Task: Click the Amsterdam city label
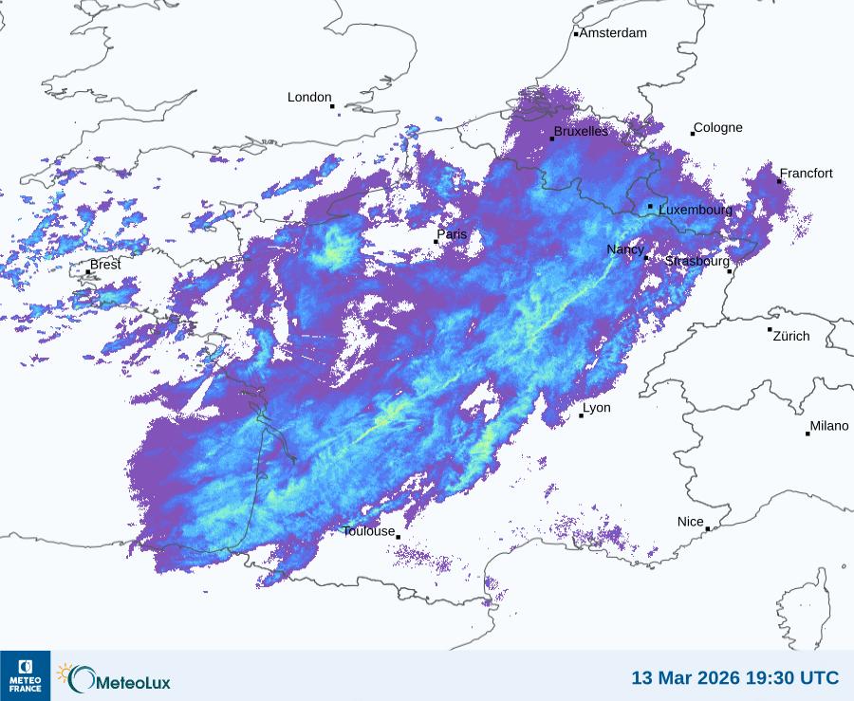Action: (613, 33)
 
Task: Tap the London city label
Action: (309, 98)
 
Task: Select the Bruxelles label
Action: (581, 132)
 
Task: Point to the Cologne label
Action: (718, 128)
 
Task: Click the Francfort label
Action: (807, 174)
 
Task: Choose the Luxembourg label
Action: (696, 209)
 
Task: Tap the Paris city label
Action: (453, 234)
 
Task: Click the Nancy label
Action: (625, 249)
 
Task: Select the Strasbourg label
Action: (697, 261)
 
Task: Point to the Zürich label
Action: (791, 336)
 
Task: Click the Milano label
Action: (829, 426)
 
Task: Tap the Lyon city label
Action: (597, 408)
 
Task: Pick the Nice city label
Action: (691, 522)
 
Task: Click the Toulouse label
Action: (368, 531)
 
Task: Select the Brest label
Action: (105, 265)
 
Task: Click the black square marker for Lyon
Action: (582, 415)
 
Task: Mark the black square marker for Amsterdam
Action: (576, 34)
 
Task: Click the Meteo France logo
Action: (25, 675)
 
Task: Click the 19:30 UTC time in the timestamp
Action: (793, 678)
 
